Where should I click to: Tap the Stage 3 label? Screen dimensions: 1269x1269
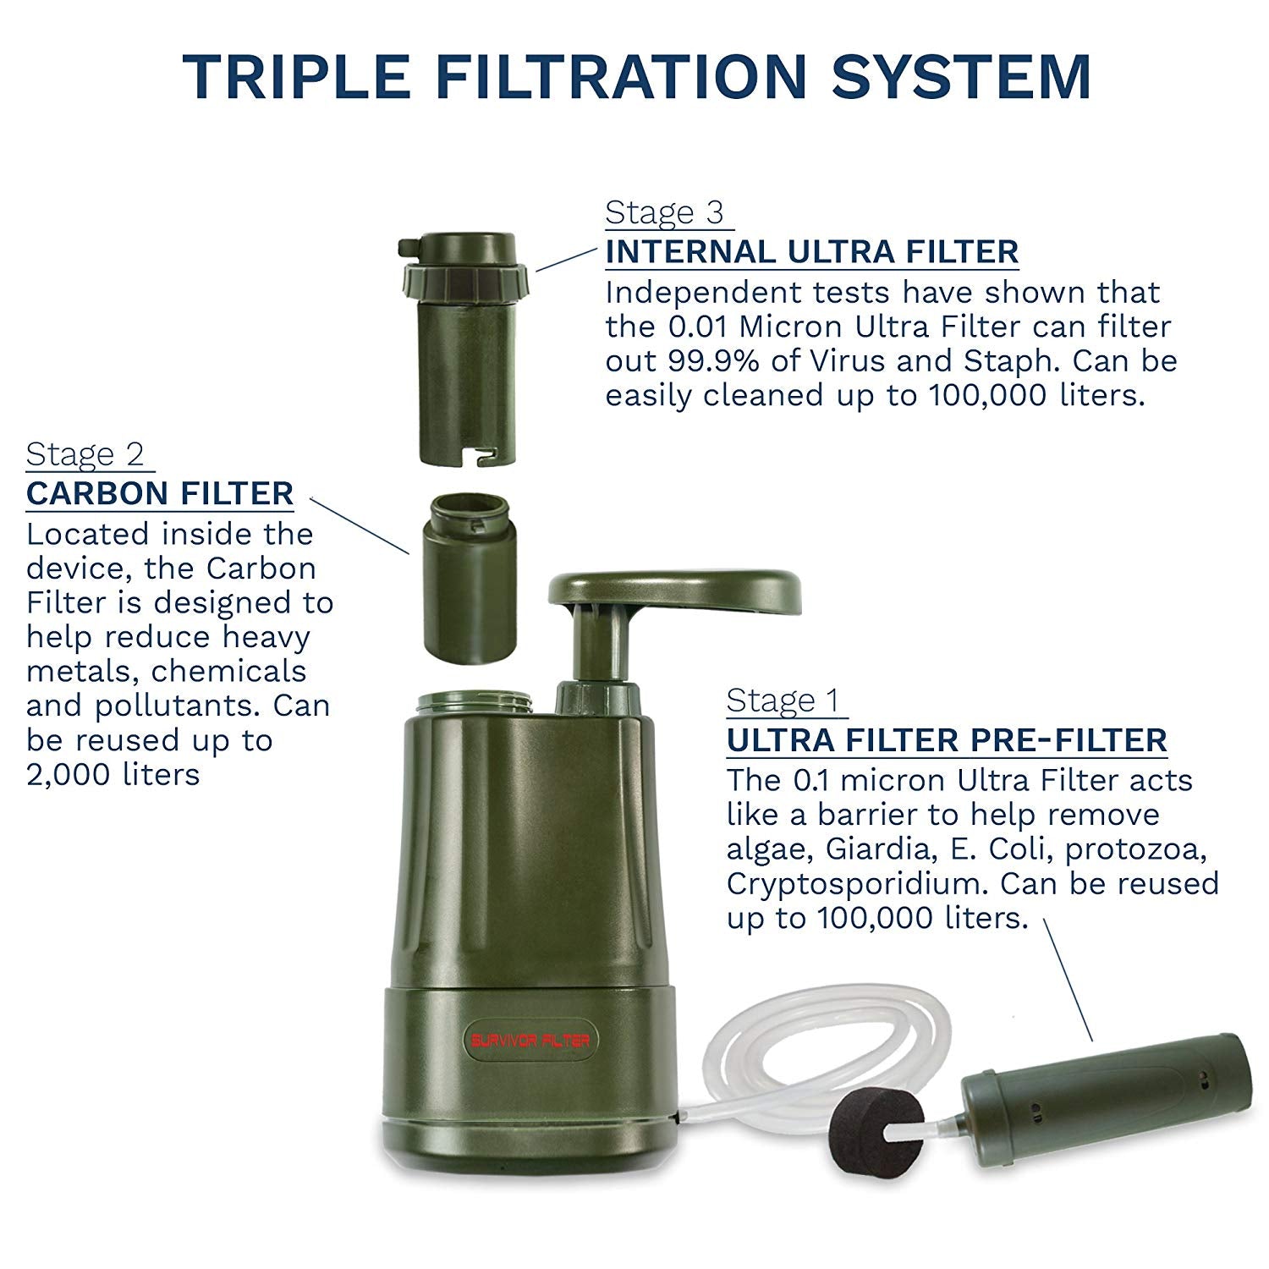point(665,212)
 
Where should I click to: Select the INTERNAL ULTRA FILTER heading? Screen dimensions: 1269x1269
point(811,252)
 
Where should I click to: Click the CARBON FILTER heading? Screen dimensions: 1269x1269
point(160,493)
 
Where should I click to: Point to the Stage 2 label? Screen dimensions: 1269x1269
point(85,454)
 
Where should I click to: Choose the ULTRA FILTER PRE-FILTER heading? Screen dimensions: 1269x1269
point(947,740)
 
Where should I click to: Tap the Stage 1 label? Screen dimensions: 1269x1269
point(783,700)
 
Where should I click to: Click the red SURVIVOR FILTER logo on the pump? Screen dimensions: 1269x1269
point(530,1040)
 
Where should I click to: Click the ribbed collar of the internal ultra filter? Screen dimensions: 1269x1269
point(468,278)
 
